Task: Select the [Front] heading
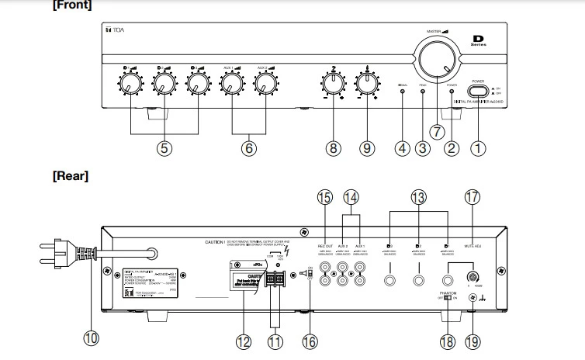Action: (72, 5)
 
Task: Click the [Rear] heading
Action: (70, 175)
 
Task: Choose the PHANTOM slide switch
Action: (452, 296)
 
